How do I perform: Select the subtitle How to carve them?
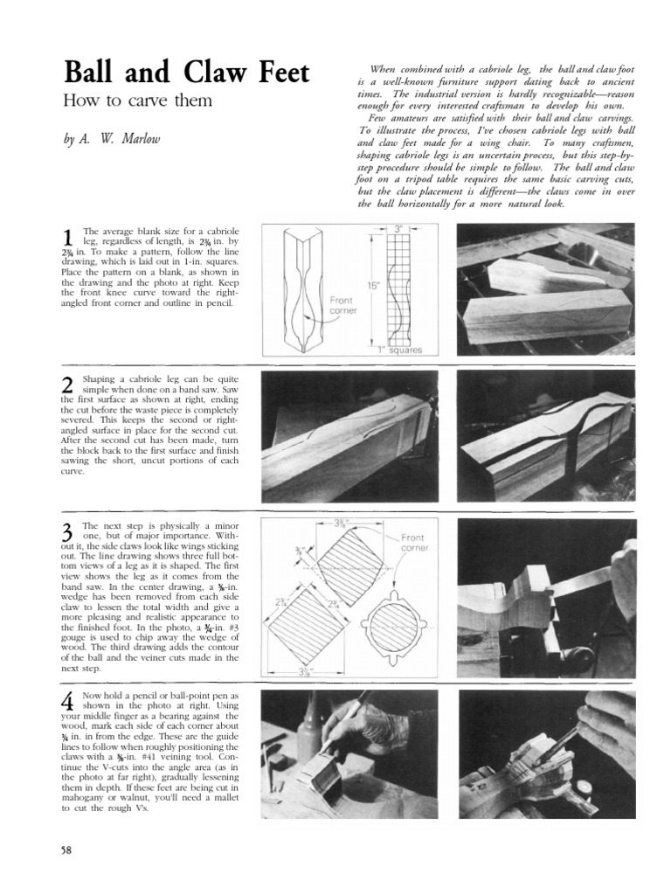point(138,101)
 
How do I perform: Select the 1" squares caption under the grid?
point(401,350)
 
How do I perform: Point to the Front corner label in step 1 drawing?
point(342,306)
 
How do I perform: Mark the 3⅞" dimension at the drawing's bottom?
point(305,671)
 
